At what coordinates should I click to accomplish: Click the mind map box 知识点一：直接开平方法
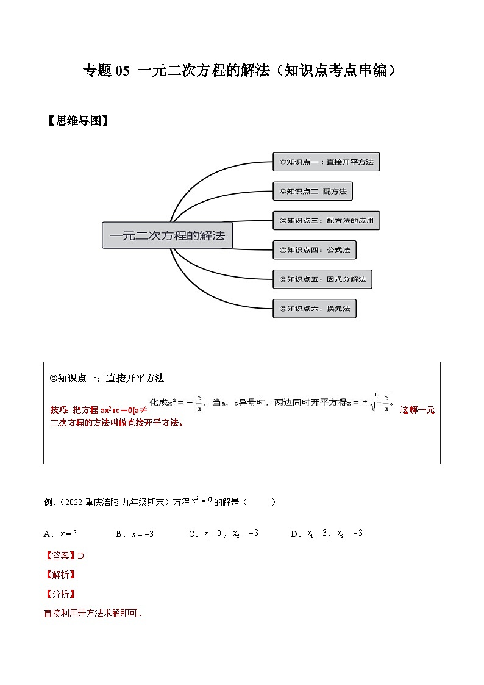tap(326, 162)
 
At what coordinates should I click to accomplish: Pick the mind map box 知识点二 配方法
tap(312, 192)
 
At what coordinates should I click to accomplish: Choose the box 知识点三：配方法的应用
tap(326, 221)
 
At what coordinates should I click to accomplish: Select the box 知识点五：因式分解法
tap(322, 279)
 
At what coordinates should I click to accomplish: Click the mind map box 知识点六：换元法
tap(314, 309)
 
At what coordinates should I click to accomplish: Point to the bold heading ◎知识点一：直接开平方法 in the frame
tap(107, 378)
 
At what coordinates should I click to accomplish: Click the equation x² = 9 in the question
tap(201, 501)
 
